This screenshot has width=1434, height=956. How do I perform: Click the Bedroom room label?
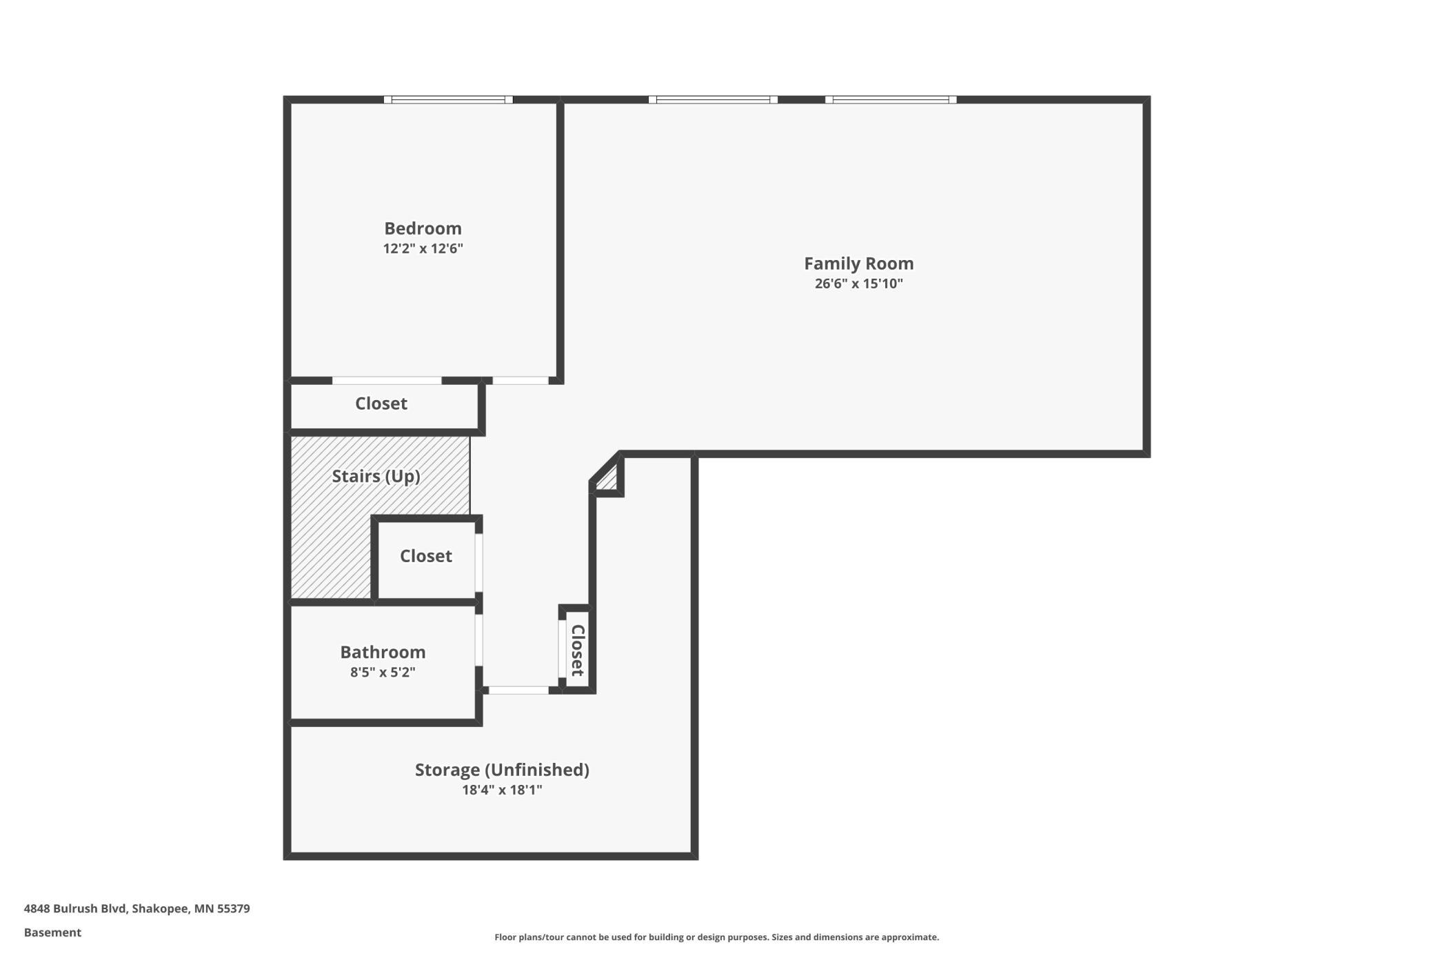pyautogui.click(x=423, y=228)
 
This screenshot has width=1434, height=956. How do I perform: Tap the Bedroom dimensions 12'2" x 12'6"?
pyautogui.click(x=423, y=248)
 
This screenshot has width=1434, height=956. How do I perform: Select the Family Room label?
pyautogui.click(x=859, y=263)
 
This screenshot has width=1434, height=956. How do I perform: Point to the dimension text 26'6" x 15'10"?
pyautogui.click(x=859, y=283)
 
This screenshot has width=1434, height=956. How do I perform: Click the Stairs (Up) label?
pyautogui.click(x=376, y=477)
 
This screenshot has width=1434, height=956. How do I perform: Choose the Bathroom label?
pyautogui.click(x=383, y=652)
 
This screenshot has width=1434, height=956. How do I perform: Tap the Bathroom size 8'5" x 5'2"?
pyautogui.click(x=383, y=672)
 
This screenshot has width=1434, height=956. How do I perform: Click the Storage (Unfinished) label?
pyautogui.click(x=502, y=770)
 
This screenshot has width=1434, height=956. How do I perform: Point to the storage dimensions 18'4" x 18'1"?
pyautogui.click(x=502, y=790)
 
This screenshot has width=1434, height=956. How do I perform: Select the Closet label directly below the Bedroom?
pyautogui.click(x=381, y=404)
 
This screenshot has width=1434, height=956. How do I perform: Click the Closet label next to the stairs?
pyautogui.click(x=426, y=556)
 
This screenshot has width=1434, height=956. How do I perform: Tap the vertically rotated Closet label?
pyautogui.click(x=578, y=650)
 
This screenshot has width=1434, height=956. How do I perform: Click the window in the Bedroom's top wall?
pyautogui.click(x=448, y=100)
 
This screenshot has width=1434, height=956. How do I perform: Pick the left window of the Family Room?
pyautogui.click(x=713, y=100)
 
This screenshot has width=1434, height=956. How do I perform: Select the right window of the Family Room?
pyautogui.click(x=891, y=100)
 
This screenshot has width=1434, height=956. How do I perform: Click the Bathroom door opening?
pyautogui.click(x=478, y=640)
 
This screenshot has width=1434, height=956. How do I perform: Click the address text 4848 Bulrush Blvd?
pyautogui.click(x=75, y=908)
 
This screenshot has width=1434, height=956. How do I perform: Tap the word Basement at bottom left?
pyautogui.click(x=52, y=933)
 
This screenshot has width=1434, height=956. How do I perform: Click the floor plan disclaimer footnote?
pyautogui.click(x=716, y=937)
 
